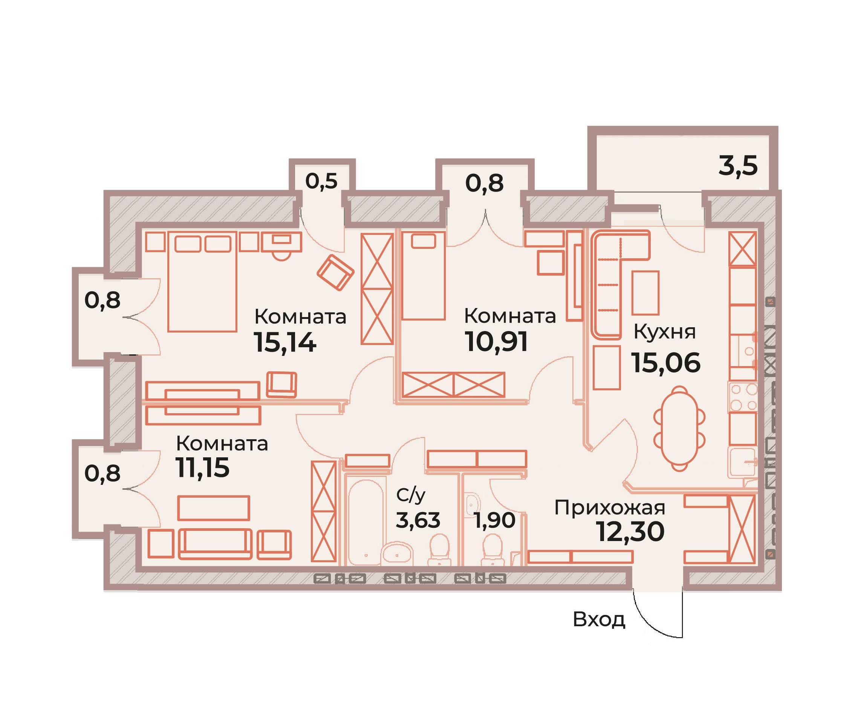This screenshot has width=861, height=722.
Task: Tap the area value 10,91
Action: tap(496, 342)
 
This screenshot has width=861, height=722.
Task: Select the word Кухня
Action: tap(665, 332)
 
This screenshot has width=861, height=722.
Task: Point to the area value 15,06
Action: tap(666, 363)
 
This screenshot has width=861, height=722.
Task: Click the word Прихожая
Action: tap(610, 508)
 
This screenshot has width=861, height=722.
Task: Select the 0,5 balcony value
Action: tap(321, 181)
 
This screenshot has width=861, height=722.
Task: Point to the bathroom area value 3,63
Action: tap(418, 520)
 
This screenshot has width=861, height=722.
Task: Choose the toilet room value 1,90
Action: tap(494, 521)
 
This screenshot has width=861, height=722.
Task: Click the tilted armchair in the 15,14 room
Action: tap(335, 272)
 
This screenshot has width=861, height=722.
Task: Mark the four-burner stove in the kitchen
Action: tap(743, 397)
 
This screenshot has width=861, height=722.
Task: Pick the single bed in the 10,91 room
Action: tap(423, 275)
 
